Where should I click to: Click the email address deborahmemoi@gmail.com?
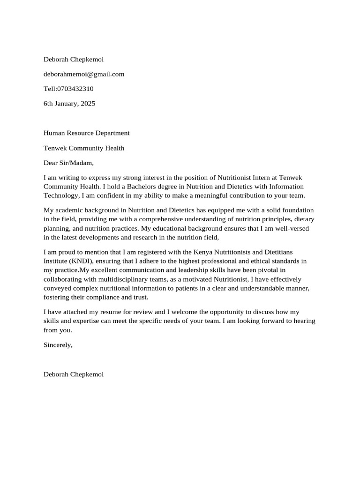(84, 74)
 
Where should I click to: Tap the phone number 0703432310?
(75, 89)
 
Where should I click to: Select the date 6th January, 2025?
(69, 104)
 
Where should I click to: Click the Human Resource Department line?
(86, 133)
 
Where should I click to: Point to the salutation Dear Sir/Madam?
(68, 163)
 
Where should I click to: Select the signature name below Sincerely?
(73, 374)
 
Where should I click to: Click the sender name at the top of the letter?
(73, 59)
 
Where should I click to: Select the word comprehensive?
(149, 219)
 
